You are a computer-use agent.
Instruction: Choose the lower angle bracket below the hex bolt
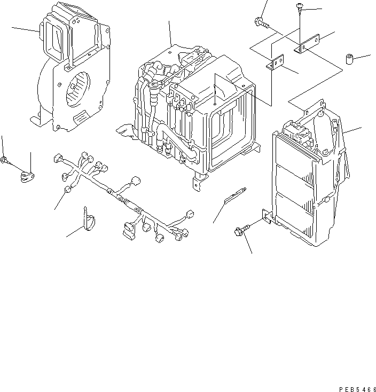click(276, 64)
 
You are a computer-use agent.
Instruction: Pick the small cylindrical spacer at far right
click(351, 58)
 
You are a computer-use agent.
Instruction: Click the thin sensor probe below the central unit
click(236, 196)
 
